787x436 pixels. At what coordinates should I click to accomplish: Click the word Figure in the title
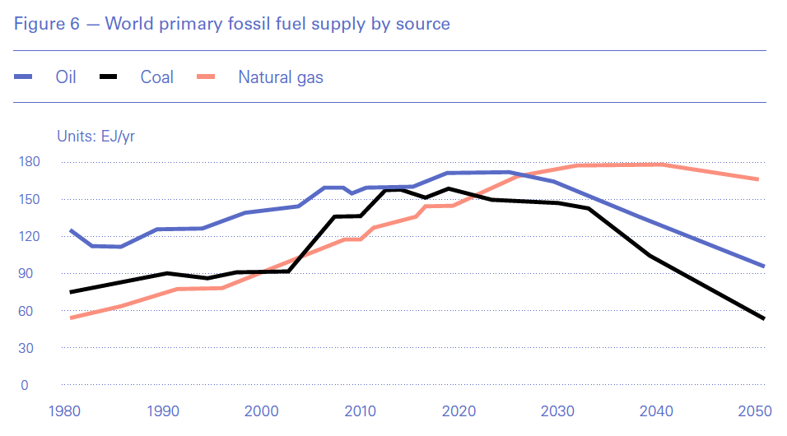39,24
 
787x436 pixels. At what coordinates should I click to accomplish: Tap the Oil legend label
66,78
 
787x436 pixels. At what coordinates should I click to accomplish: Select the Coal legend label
157,78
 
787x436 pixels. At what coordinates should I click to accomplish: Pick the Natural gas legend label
281,78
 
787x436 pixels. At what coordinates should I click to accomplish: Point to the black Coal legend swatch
109,78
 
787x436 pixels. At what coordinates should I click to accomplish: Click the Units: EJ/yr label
95,137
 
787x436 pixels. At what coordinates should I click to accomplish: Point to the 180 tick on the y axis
30,162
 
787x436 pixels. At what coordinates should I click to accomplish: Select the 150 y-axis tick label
30,199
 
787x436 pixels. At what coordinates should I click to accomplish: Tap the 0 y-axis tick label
25,385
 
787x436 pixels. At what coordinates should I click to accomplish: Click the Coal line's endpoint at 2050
764,318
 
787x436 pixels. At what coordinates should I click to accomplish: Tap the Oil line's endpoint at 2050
764,266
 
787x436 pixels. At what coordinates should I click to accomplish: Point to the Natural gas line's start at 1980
71,318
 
